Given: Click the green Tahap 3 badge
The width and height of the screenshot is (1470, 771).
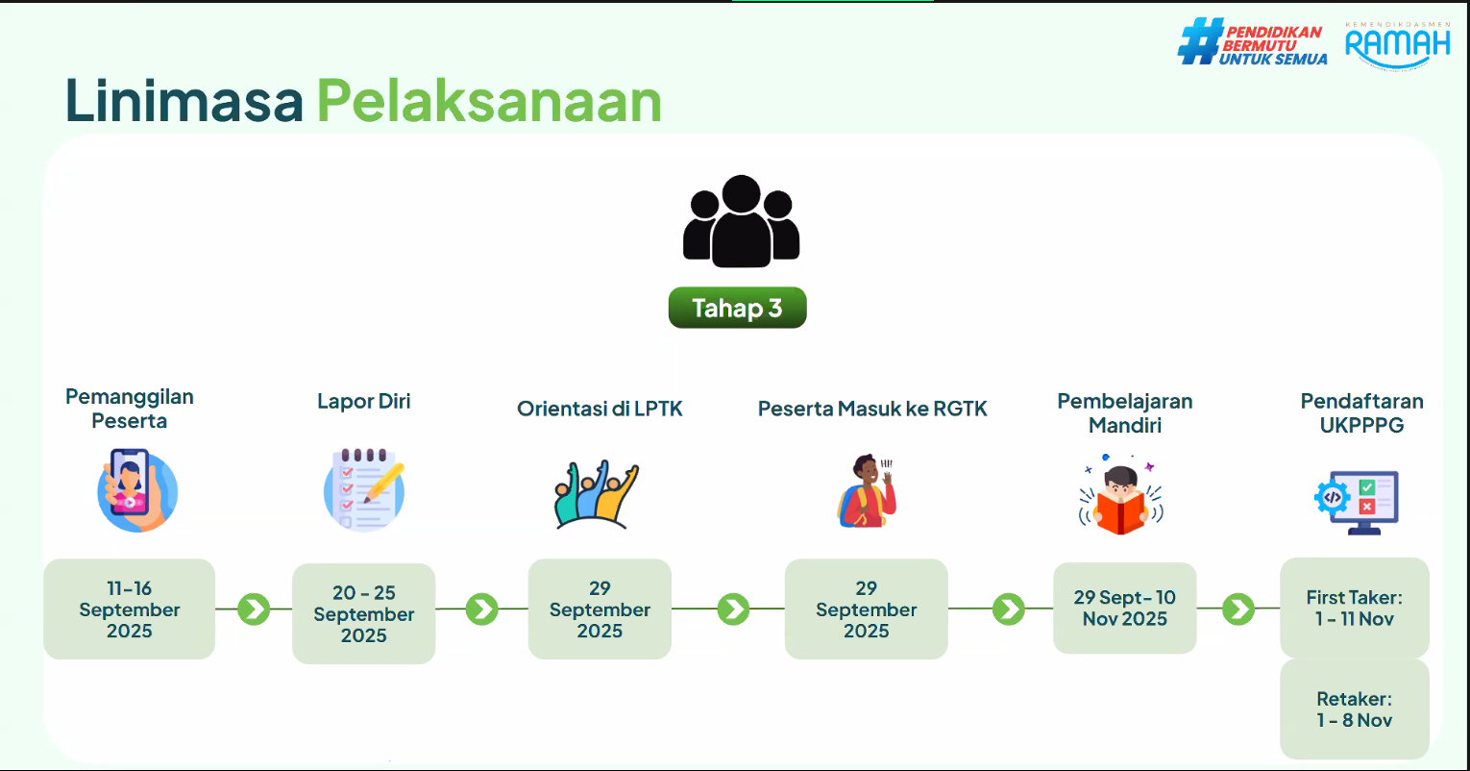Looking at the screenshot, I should point(737,308).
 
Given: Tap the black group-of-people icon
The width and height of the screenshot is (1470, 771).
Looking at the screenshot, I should point(741,221).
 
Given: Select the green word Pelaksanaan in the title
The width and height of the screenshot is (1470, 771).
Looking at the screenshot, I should point(489,101).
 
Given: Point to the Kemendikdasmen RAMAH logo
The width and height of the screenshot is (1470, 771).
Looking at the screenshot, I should point(1397,44).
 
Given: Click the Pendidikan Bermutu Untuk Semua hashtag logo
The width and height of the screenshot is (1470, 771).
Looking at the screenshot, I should point(1253,44).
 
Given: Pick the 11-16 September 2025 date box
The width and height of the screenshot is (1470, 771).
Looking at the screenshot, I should point(130,609).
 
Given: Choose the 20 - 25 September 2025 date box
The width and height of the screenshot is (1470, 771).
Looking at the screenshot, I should point(363,614).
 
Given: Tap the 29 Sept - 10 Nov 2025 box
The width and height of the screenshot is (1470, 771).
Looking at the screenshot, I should point(1124,609).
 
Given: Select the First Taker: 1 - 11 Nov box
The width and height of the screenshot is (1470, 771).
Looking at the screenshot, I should point(1354,609).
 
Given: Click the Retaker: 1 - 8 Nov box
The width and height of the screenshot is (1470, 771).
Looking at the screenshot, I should point(1354,709).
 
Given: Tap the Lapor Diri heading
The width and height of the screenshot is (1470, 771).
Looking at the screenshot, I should point(363,401).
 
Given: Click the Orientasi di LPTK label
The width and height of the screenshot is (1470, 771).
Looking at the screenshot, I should point(600,409).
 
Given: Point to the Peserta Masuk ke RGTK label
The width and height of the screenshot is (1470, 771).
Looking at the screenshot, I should point(872,409).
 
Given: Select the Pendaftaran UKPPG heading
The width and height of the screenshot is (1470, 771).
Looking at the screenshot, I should point(1361,412).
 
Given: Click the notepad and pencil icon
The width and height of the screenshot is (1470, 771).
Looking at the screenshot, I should point(363,488).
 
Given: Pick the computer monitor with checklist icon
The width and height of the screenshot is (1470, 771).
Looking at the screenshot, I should point(1358,501).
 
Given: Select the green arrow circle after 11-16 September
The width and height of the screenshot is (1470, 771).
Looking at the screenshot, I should point(254,609).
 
